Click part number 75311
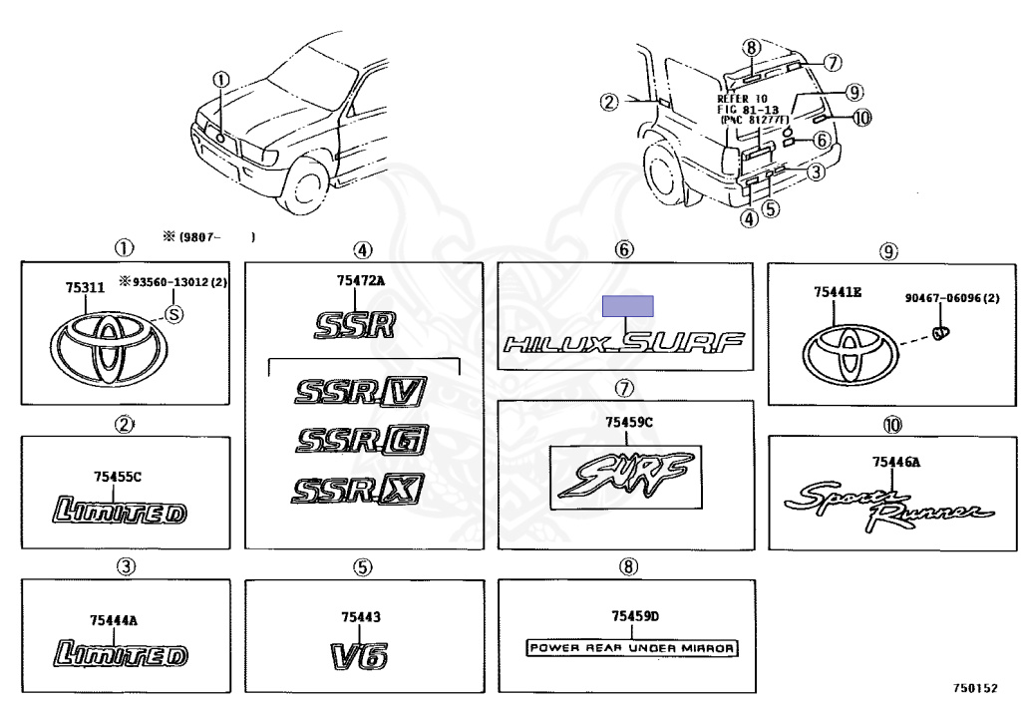pos(85,288)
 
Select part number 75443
pos(360,618)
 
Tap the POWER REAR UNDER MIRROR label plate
pos(631,648)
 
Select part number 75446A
pos(895,461)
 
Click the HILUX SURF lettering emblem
pos(624,344)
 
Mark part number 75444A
pos(116,620)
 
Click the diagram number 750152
pos(973,688)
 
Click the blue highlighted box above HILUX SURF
pos(626,305)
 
